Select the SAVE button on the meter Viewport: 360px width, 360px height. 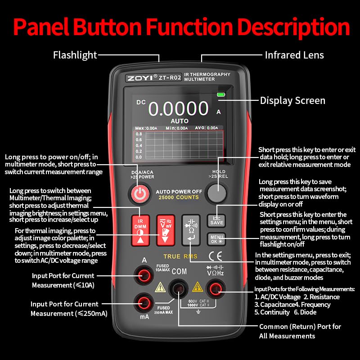coord(216,220)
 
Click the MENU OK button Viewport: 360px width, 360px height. coord(216,239)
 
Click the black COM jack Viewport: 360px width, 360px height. coord(179,290)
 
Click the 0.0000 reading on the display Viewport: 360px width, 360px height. coord(179,109)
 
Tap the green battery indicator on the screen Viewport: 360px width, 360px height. coord(220,94)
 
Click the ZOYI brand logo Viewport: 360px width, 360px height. coord(139,77)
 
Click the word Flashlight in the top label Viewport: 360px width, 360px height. coord(75,55)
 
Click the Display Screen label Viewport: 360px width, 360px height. coord(292,101)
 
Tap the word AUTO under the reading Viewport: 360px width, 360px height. coord(180,121)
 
